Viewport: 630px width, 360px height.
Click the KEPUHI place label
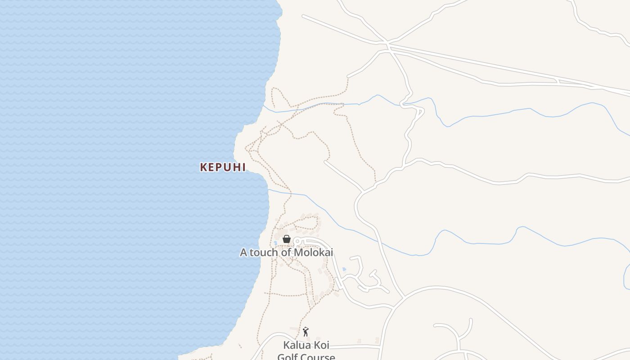click(x=223, y=167)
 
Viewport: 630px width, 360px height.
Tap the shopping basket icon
click(x=287, y=239)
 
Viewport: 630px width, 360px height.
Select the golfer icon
click(x=306, y=332)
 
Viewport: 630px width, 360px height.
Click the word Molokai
click(x=313, y=252)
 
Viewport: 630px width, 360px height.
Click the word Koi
click(x=321, y=345)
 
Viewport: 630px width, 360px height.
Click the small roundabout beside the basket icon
click(x=297, y=242)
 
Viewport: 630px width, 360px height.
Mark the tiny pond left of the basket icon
click(x=275, y=243)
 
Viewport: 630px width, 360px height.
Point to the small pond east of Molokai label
click(x=344, y=269)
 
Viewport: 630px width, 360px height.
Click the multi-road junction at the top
click(x=387, y=44)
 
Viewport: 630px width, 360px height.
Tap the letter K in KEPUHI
click(x=203, y=167)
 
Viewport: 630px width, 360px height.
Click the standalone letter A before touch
click(x=243, y=252)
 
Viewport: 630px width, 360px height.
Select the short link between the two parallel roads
click(x=558, y=81)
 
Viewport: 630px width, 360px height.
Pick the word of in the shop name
click(x=286, y=252)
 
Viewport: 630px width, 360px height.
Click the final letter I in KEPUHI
click(x=243, y=167)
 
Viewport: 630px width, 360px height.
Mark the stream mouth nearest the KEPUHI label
click(x=269, y=190)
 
